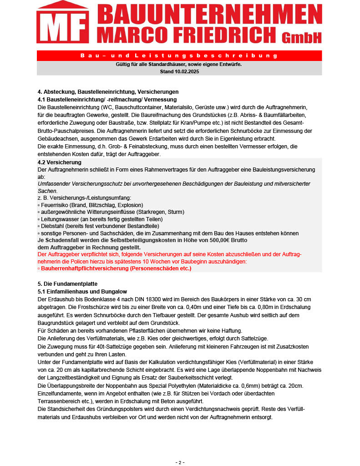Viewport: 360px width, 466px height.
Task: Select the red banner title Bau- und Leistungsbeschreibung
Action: (179, 56)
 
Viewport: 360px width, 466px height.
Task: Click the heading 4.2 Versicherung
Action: (60, 162)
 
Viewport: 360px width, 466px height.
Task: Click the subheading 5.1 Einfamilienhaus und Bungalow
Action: (82, 291)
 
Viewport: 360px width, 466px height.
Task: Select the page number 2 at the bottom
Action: (180, 462)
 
